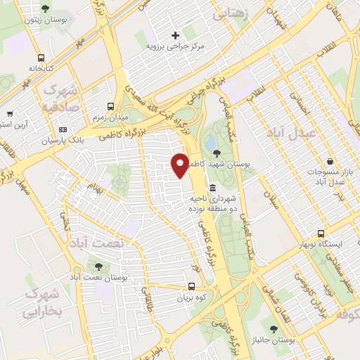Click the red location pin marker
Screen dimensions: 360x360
pos(181,165)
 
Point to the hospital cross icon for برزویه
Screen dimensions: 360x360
pos(175,34)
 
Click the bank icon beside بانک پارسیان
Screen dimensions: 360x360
pos(63,130)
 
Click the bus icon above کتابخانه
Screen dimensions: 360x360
pos(41,58)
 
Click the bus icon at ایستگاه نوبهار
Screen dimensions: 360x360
pos(321,233)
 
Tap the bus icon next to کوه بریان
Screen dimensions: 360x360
pos(191,286)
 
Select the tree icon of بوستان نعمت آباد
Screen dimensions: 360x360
pos(98,266)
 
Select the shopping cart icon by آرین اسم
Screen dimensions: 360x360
pos(10,114)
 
